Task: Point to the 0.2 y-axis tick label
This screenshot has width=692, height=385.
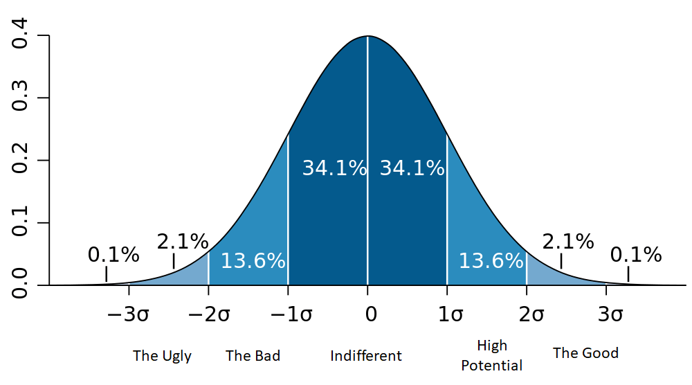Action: tap(21, 160)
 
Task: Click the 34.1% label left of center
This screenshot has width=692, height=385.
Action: tap(334, 168)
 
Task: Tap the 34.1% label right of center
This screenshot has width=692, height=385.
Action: tap(412, 168)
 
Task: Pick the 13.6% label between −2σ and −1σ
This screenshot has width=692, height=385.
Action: tap(253, 261)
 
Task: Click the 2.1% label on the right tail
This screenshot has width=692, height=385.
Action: tap(568, 242)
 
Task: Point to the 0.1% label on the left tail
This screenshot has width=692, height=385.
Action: tap(113, 255)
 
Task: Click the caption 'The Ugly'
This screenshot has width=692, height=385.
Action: tap(162, 357)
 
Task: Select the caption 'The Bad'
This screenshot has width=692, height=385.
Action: tap(253, 357)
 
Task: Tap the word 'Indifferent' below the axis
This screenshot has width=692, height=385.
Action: tap(366, 357)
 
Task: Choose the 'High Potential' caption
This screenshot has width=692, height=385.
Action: tap(492, 355)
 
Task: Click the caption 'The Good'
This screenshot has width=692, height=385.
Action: tap(585, 353)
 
